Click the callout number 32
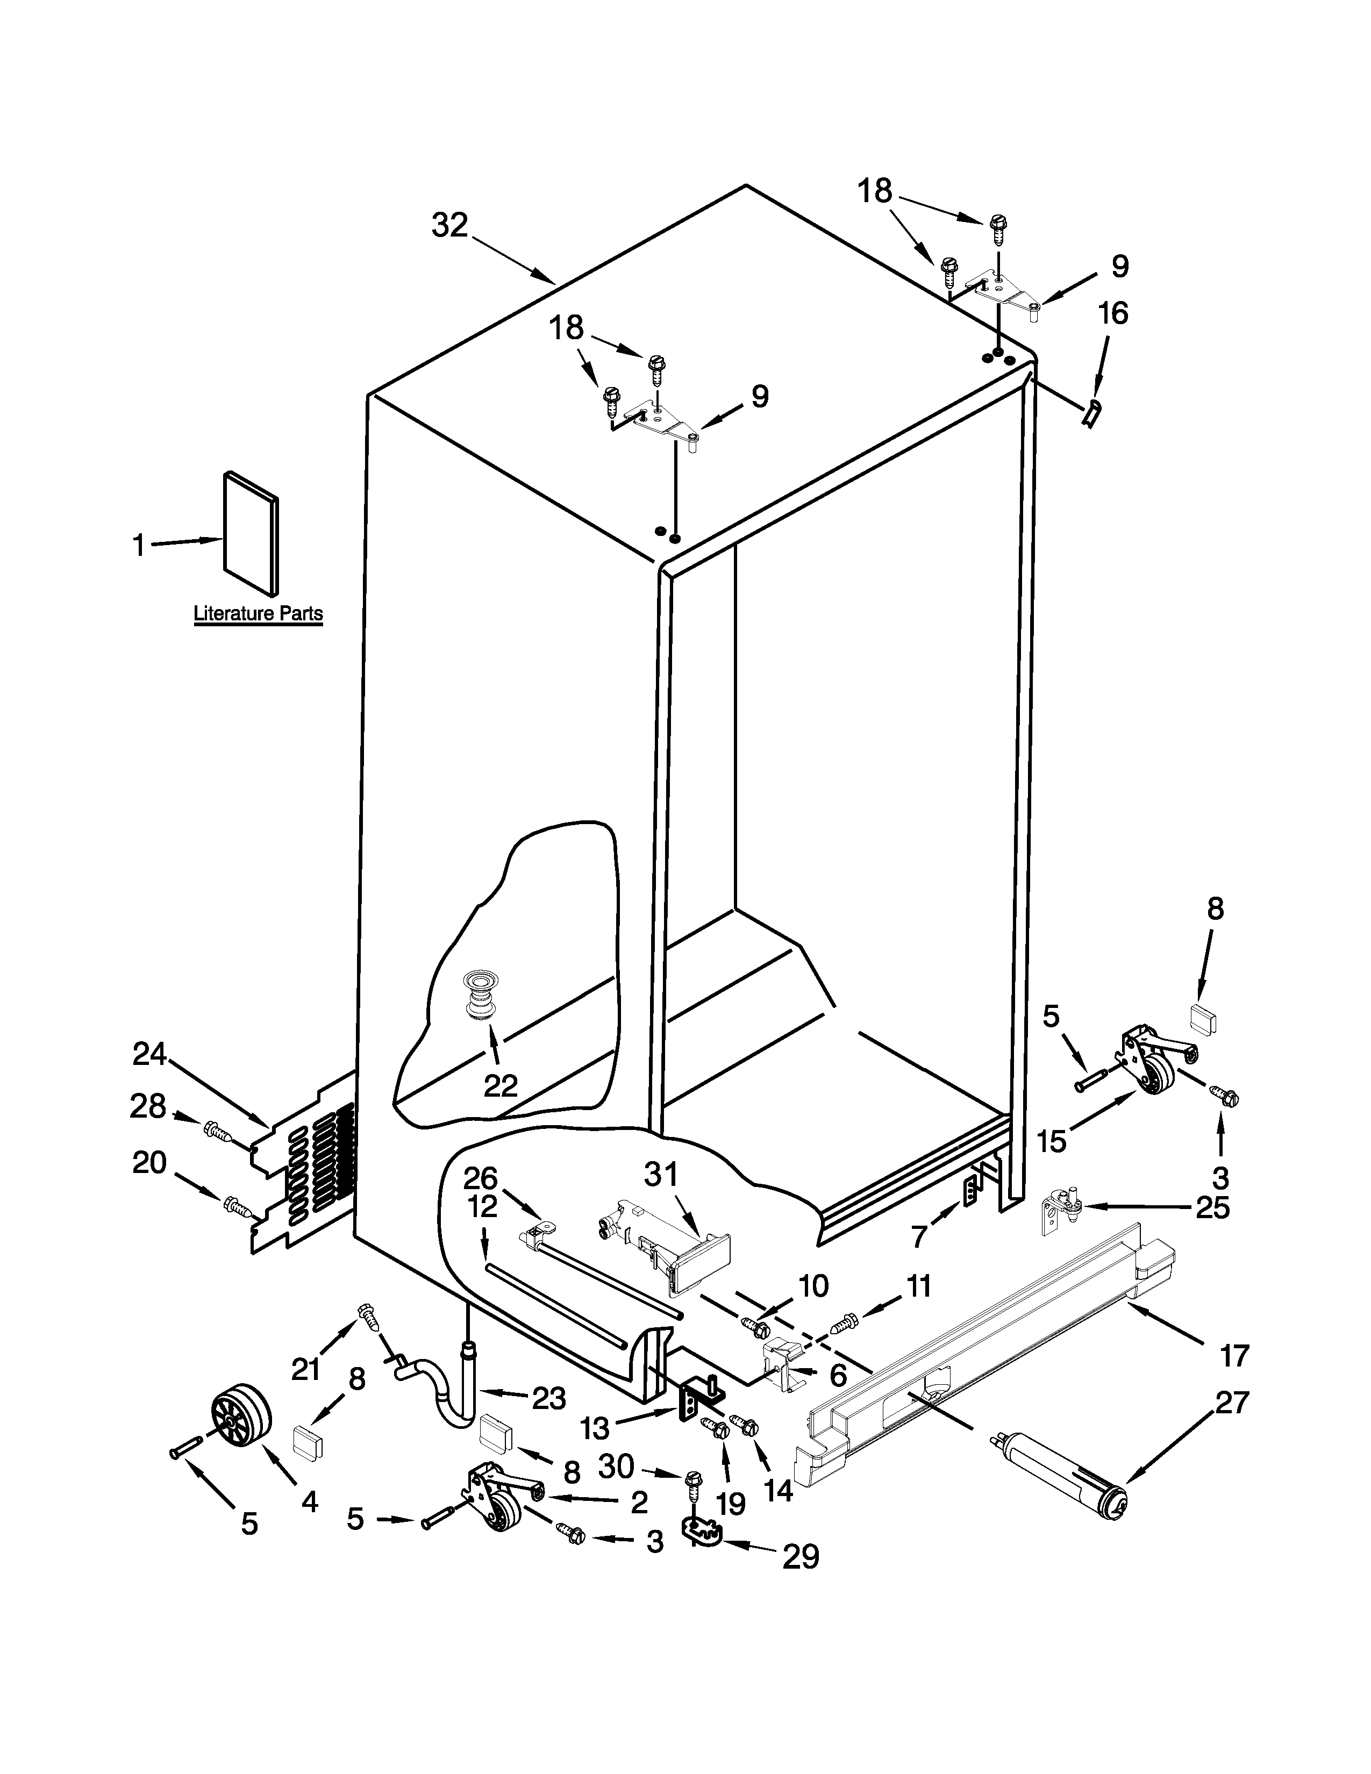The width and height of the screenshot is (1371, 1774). [449, 225]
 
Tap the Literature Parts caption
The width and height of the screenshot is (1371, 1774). [258, 613]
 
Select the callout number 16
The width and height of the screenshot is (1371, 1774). [1113, 313]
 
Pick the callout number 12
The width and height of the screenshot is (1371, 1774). [482, 1206]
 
